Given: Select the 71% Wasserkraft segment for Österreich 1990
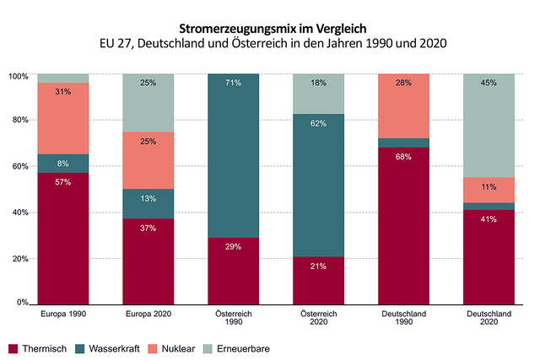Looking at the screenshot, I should point(234,155).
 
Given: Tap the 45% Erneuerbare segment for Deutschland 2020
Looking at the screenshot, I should point(489,126).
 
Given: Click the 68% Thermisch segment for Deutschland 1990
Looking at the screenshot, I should point(404,225).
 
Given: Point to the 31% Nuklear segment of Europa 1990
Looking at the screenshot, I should point(63,118).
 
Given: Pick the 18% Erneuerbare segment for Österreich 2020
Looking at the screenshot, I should point(319,94).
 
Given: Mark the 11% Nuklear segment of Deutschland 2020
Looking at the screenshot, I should point(489,190).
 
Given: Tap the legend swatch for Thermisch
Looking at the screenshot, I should point(13,347).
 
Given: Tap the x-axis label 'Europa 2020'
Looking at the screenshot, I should point(148,315).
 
